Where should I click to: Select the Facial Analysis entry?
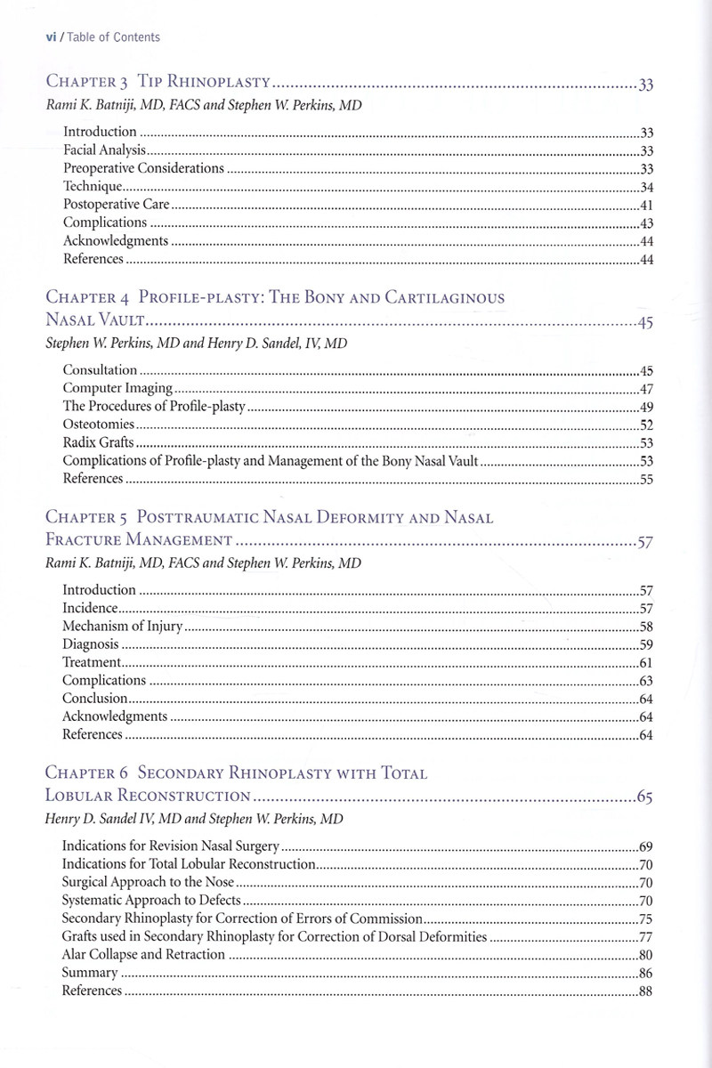pyautogui.click(x=104, y=150)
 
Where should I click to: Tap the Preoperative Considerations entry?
pyautogui.click(x=143, y=168)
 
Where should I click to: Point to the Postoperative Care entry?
pyautogui.click(x=110, y=205)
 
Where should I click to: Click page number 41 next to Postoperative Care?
pyautogui.click(x=647, y=205)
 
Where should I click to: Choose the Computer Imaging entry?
pyautogui.click(x=117, y=388)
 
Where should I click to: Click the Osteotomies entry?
pyautogui.click(x=98, y=425)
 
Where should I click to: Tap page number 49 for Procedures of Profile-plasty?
pyautogui.click(x=647, y=407)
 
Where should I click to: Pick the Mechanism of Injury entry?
pyautogui.click(x=122, y=627)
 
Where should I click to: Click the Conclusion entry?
pyautogui.click(x=94, y=699)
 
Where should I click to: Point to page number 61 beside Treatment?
pyautogui.click(x=647, y=663)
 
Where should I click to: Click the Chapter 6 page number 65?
pyautogui.click(x=645, y=797)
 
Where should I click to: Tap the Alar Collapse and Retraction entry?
pyautogui.click(x=142, y=955)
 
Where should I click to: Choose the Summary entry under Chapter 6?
pyautogui.click(x=90, y=973)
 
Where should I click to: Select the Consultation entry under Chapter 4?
pyautogui.click(x=100, y=370)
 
